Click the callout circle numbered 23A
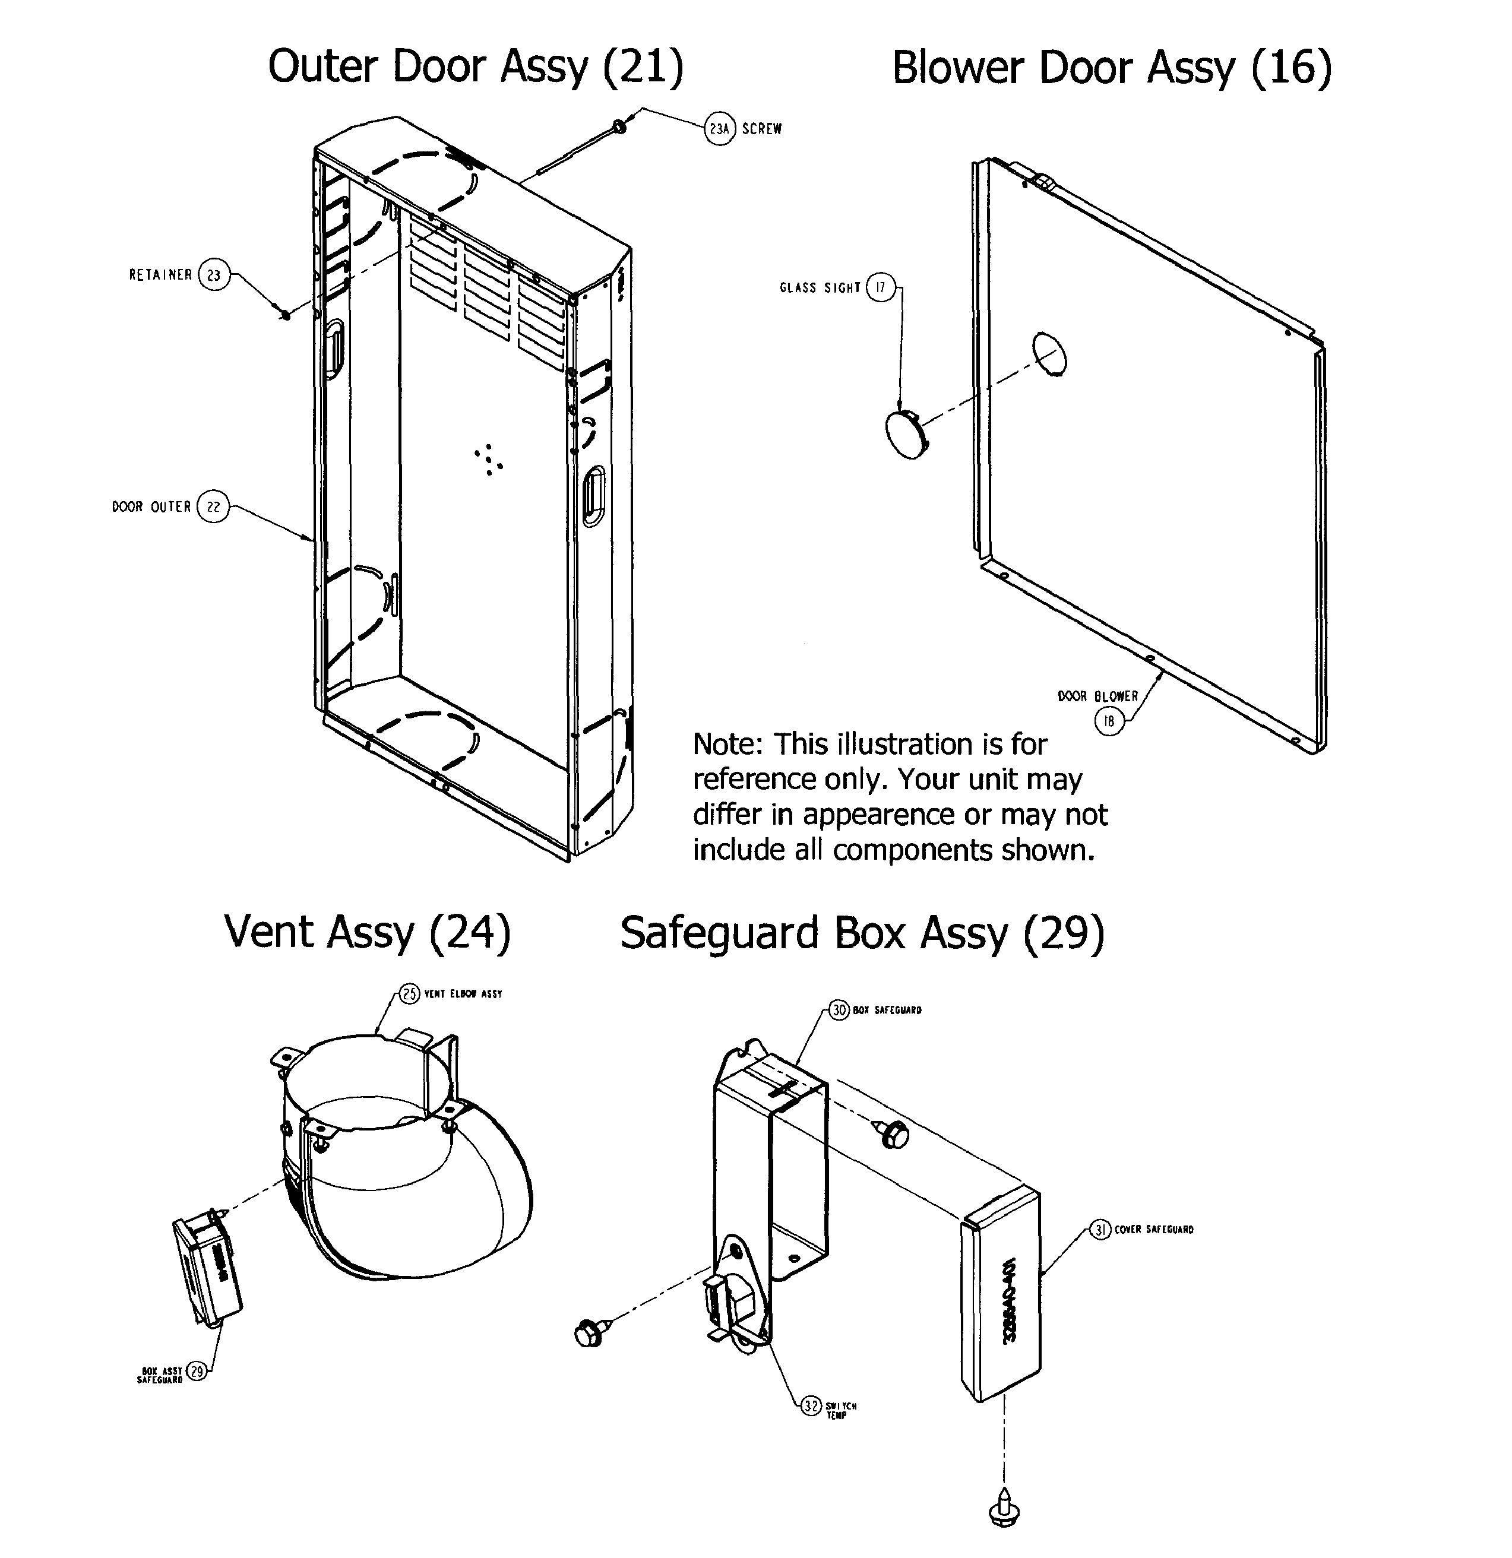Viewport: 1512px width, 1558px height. [x=719, y=129]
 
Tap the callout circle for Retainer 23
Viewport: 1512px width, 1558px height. [x=213, y=275]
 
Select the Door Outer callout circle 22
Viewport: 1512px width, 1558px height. [x=212, y=506]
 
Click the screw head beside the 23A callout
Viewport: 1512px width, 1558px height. [x=619, y=126]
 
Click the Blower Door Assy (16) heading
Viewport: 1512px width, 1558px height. [x=1111, y=68]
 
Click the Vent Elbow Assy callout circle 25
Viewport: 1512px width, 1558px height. [x=409, y=993]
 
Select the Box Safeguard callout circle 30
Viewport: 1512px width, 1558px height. [x=840, y=1011]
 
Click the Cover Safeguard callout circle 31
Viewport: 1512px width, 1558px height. [x=1099, y=1230]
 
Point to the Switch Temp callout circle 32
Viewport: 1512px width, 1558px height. [x=810, y=1406]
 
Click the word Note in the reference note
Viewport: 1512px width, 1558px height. [x=727, y=745]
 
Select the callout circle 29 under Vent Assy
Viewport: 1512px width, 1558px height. [x=195, y=1370]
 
